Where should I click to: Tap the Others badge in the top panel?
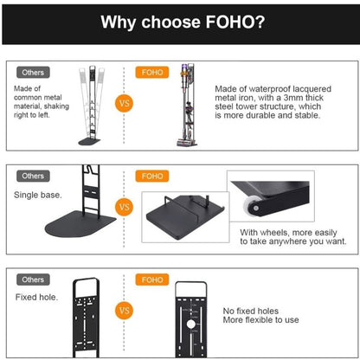pyautogui.click(x=33, y=73)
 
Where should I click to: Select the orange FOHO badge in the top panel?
pyautogui.click(x=152, y=72)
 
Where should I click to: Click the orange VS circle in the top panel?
pyautogui.click(x=124, y=103)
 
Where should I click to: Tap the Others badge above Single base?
pyautogui.click(x=33, y=176)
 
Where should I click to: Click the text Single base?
pyautogui.click(x=38, y=195)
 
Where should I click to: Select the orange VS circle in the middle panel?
pyautogui.click(x=124, y=207)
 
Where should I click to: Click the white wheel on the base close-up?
pyautogui.click(x=251, y=205)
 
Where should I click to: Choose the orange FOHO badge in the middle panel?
pyautogui.click(x=152, y=176)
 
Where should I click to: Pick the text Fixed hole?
pyautogui.click(x=36, y=297)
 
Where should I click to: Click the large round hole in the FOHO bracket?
pyautogui.click(x=190, y=325)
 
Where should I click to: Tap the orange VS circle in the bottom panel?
pyautogui.click(x=124, y=311)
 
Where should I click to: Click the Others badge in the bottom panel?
pyautogui.click(x=33, y=280)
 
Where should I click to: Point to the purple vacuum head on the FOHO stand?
pyautogui.click(x=183, y=69)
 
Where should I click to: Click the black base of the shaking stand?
pyautogui.click(x=89, y=142)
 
